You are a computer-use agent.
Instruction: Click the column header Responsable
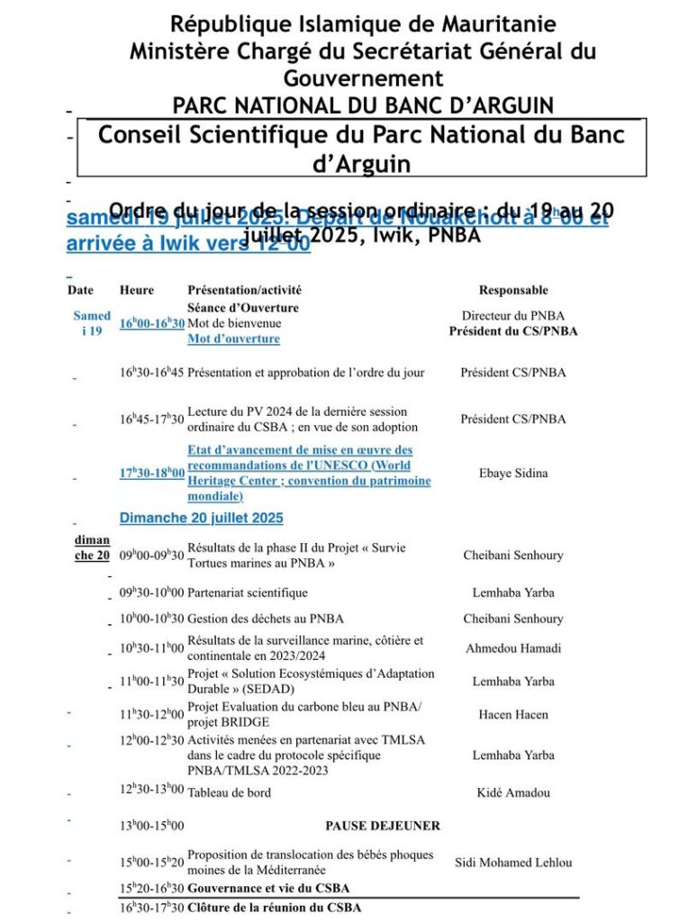point(512,290)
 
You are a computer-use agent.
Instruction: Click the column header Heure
point(136,290)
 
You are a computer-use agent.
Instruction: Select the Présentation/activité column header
point(244,290)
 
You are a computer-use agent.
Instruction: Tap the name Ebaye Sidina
point(512,473)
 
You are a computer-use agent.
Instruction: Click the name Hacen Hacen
point(512,715)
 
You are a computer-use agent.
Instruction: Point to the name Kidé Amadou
point(512,792)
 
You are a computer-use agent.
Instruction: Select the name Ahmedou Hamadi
point(512,648)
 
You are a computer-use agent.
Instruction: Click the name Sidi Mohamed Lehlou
point(512,863)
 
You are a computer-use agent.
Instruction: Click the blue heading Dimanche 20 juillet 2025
point(201,518)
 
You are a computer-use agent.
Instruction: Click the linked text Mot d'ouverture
point(233,339)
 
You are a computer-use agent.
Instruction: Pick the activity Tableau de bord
point(229,792)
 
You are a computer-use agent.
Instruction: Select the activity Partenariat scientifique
point(248,592)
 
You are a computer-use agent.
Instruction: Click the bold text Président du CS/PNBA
point(512,331)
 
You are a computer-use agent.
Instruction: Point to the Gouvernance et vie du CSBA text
point(268,888)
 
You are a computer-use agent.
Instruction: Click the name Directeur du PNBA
point(512,316)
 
